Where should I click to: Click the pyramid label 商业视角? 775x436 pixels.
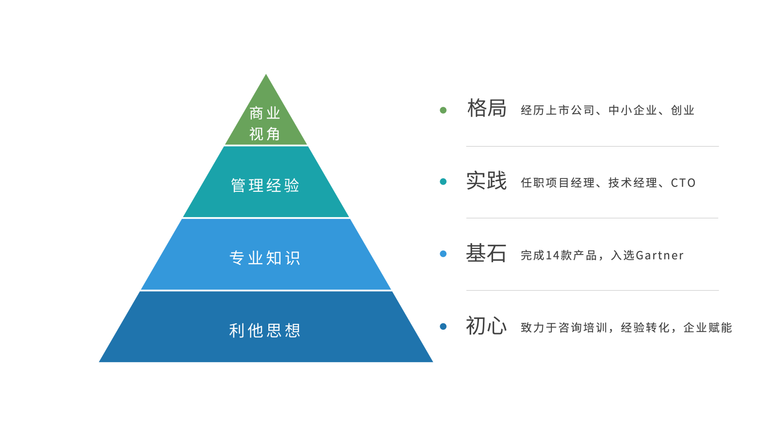(x=264, y=123)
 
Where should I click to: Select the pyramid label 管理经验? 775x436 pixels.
(x=265, y=185)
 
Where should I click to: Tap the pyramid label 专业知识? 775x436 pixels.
(x=265, y=258)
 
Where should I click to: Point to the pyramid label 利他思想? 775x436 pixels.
(x=265, y=331)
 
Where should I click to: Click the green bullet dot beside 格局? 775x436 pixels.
(x=443, y=110)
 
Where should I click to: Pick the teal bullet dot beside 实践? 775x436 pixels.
(x=443, y=182)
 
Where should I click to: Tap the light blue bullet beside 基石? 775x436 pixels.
(x=443, y=254)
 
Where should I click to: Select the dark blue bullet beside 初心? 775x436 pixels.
(x=443, y=326)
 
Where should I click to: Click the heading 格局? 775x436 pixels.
(x=487, y=108)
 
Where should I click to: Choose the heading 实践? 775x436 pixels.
(x=487, y=181)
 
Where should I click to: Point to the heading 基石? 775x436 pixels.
(x=486, y=253)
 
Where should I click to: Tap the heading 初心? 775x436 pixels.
(x=486, y=326)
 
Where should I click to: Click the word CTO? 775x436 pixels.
(x=683, y=183)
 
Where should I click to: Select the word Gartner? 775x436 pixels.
(x=660, y=255)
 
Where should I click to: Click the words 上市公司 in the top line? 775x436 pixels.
(x=570, y=110)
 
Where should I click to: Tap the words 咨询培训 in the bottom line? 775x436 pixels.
(x=583, y=328)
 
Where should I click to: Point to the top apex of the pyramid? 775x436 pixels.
(x=266, y=74)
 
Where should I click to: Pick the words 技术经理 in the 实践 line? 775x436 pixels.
(x=633, y=183)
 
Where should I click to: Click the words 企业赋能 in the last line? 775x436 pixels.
(x=708, y=328)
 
